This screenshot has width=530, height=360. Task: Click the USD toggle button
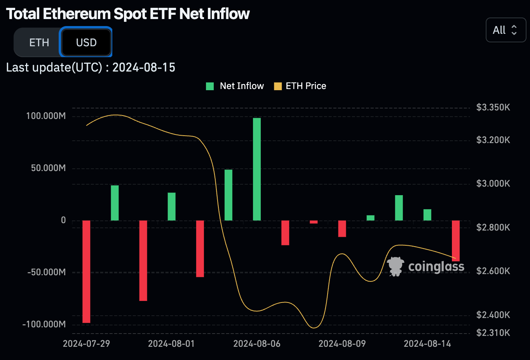(86, 42)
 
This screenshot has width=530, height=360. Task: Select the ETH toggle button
(39, 42)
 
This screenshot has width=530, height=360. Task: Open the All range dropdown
(505, 30)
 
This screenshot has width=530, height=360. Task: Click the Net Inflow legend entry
(235, 86)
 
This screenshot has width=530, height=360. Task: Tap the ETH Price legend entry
(300, 86)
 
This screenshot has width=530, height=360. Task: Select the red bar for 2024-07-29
(86, 271)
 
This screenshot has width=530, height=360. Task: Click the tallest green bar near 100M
(257, 169)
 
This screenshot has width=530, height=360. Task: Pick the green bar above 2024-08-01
(172, 206)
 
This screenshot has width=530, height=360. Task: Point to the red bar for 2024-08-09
(342, 229)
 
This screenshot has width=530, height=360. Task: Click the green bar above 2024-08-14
(427, 215)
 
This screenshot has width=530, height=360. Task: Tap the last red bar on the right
(456, 241)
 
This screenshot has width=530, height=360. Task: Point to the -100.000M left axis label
(44, 324)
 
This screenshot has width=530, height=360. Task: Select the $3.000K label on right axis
(493, 183)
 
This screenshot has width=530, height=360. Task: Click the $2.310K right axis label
(493, 333)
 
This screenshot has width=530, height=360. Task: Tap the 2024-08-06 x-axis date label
(257, 344)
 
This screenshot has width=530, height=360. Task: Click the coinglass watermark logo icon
(396, 266)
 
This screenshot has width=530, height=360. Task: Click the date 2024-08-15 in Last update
(144, 67)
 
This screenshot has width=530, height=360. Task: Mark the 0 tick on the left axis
(63, 220)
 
